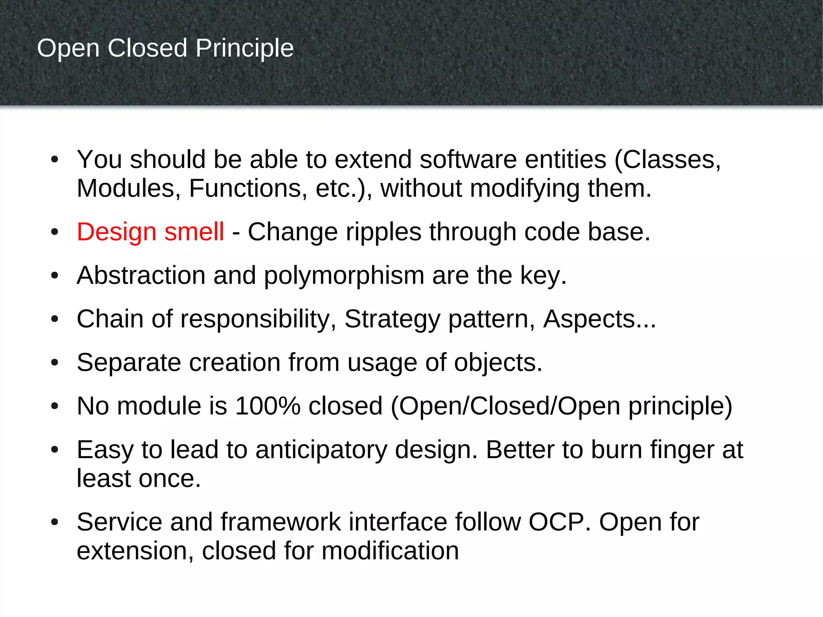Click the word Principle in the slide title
[244, 49]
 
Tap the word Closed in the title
[147, 48]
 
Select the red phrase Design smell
[150, 232]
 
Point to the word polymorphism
[344, 276]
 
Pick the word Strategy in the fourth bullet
[392, 320]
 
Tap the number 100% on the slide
[268, 406]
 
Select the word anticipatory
[321, 450]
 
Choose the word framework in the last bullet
[280, 522]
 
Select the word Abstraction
[141, 276]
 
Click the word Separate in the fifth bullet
[129, 363]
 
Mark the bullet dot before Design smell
[55, 232]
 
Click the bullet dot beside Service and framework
[55, 523]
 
